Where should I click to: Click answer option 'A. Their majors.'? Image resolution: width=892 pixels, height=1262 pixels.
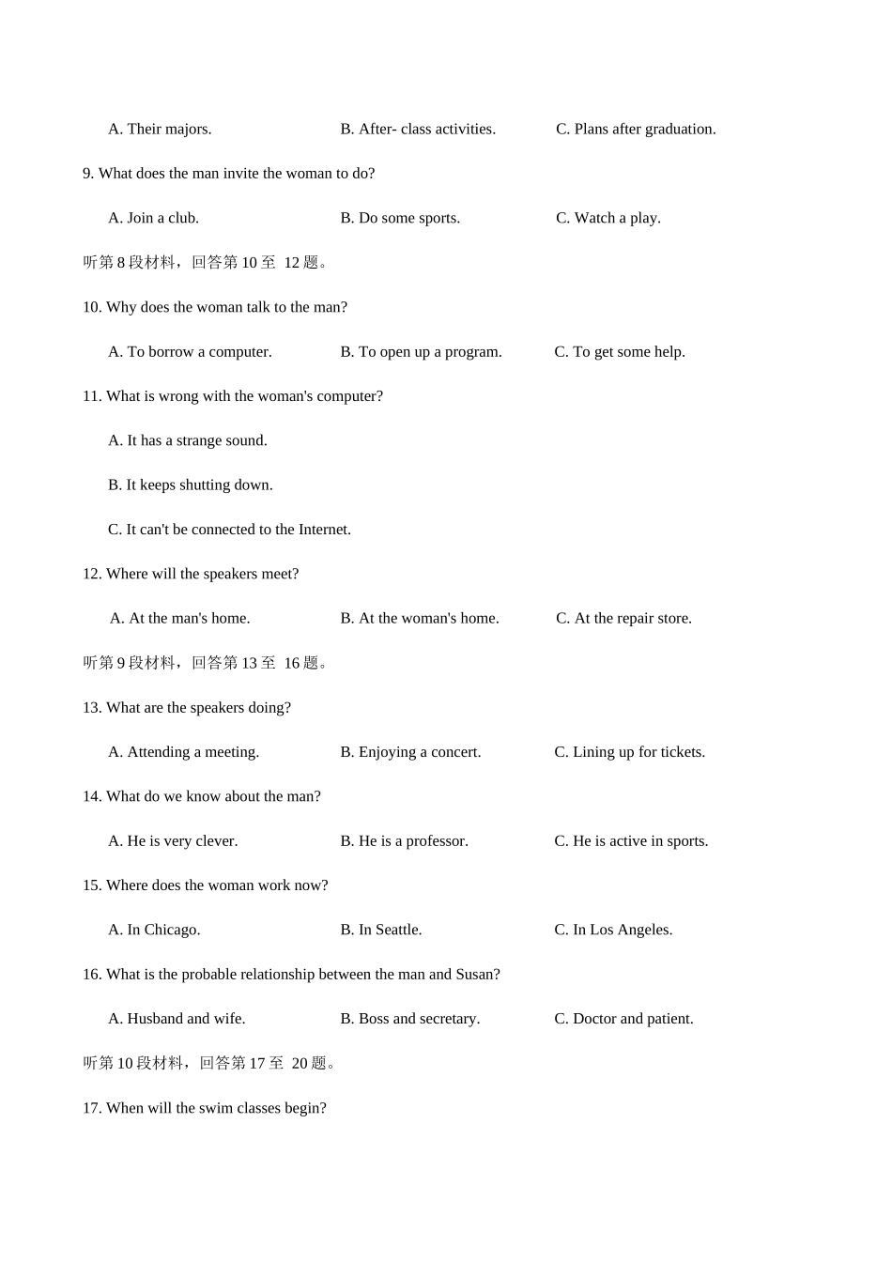click(160, 130)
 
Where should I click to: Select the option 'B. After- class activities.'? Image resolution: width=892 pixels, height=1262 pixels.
click(418, 130)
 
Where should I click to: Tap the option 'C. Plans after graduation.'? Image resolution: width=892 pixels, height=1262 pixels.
click(636, 130)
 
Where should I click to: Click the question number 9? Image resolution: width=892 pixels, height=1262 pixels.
click(87, 174)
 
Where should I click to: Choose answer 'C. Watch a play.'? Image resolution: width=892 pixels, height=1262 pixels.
click(607, 219)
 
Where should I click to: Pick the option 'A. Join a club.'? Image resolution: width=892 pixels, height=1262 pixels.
click(153, 219)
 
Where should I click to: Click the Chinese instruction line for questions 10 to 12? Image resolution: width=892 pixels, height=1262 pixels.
click(206, 263)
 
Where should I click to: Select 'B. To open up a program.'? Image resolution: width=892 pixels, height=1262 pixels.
click(421, 352)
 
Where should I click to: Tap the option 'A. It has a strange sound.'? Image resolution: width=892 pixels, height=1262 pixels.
click(188, 441)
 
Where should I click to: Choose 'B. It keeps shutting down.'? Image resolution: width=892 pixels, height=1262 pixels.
click(190, 485)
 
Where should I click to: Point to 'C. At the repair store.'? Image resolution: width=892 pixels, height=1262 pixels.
click(623, 619)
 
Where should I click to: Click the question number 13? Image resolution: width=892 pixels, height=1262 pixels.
click(91, 708)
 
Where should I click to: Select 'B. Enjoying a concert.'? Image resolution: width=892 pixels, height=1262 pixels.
click(410, 752)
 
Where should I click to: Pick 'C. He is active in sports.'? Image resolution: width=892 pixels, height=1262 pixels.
click(631, 841)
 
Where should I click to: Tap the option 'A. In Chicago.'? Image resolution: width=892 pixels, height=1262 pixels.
click(154, 931)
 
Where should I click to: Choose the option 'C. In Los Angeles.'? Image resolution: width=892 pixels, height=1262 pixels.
click(613, 931)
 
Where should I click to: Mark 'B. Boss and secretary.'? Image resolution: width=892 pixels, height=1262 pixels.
click(409, 1019)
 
